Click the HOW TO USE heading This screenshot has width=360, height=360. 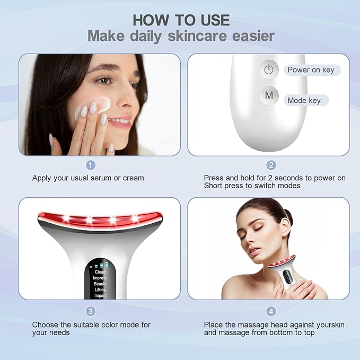point(180,20)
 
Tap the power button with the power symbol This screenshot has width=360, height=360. point(269,69)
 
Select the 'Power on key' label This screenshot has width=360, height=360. point(310,70)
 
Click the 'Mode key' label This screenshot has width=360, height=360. point(304,100)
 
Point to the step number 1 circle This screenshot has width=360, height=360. point(91,165)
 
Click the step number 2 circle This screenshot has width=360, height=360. point(271,165)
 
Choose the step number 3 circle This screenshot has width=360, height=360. point(91,311)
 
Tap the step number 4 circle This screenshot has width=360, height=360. point(271,311)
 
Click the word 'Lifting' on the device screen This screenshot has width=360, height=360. point(100,290)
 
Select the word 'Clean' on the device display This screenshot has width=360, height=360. point(100,272)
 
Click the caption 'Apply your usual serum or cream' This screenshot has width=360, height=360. point(88,178)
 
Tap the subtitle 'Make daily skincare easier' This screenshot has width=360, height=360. point(180,36)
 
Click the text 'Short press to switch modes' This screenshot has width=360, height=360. point(252,186)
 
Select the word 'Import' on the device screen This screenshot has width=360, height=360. point(100,296)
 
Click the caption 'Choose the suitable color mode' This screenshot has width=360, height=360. point(91,324)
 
